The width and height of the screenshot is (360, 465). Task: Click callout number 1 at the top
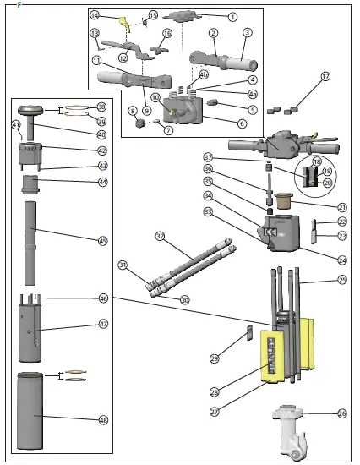233,17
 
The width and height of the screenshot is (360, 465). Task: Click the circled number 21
342,207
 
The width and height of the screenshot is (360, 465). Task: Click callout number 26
342,413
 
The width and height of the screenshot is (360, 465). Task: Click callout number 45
103,241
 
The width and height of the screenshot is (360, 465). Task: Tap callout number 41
16,125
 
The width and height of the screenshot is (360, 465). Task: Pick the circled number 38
102,107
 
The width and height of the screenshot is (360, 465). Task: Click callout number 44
103,182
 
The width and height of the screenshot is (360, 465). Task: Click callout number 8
132,111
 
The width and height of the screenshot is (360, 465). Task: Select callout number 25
342,279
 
